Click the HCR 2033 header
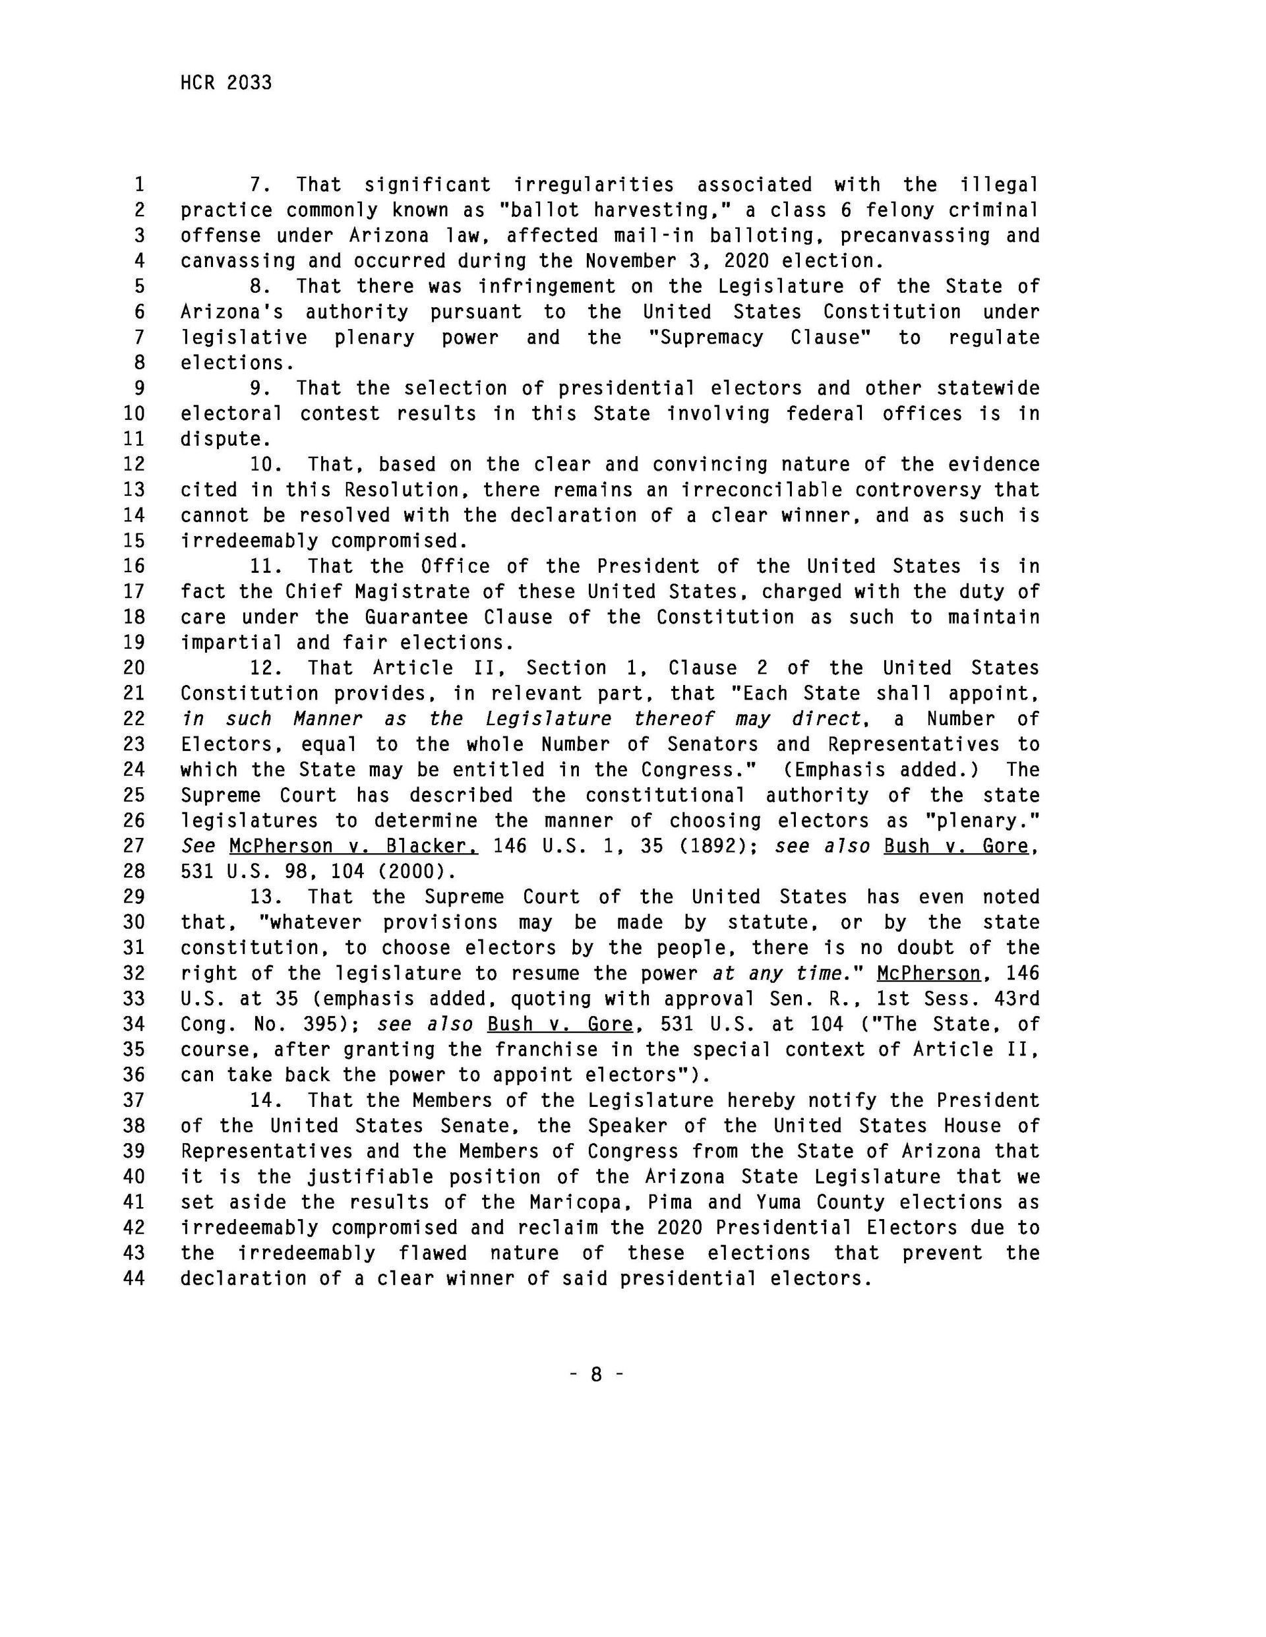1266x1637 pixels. (226, 82)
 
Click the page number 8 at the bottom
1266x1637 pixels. (597, 1374)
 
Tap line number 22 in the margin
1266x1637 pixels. (133, 719)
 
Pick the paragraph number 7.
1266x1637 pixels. (259, 185)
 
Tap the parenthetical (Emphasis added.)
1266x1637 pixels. (883, 770)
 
